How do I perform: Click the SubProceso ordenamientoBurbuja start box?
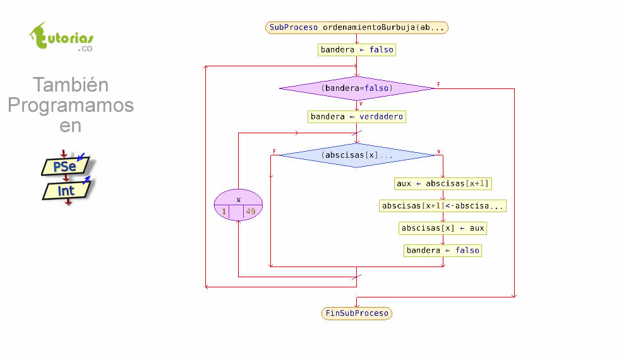pos(357,28)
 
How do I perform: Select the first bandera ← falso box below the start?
pos(357,50)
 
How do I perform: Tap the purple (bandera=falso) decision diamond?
pos(357,88)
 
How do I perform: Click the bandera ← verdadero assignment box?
pos(357,117)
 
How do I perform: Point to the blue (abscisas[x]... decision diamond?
pos(357,155)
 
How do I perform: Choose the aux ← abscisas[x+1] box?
pos(443,184)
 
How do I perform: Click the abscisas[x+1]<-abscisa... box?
pos(443,206)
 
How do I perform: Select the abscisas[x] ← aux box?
pos(443,228)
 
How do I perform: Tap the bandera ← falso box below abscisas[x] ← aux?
pos(443,251)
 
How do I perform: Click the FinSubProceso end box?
pos(357,313)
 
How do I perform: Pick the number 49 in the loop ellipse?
pos(251,212)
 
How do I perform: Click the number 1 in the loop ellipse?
pos(224,212)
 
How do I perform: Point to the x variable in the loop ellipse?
pos(238,200)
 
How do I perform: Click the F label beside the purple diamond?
pos(438,85)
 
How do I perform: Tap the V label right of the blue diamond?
pos(438,152)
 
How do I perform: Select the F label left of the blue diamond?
pos(274,152)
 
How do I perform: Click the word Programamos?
pos(71,105)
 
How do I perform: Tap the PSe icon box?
pos(65,167)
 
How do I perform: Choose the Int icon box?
pos(66,190)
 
